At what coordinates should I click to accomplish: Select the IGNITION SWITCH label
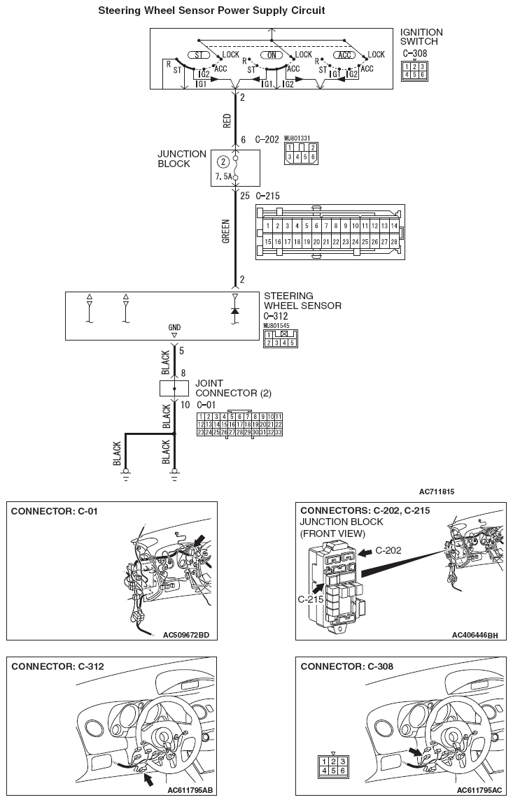(421, 37)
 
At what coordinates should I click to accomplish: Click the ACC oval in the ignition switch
(344, 55)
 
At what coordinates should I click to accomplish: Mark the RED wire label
(227, 122)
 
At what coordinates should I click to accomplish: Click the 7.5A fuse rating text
(224, 178)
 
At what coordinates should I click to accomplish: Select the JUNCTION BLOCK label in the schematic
(182, 159)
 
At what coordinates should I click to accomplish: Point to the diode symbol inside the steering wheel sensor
(235, 310)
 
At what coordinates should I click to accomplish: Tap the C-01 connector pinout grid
(239, 424)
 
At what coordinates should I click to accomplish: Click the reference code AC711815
(437, 492)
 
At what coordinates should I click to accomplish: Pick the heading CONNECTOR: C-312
(57, 666)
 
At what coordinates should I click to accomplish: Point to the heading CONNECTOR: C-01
(54, 511)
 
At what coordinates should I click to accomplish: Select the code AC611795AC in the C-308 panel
(477, 789)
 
